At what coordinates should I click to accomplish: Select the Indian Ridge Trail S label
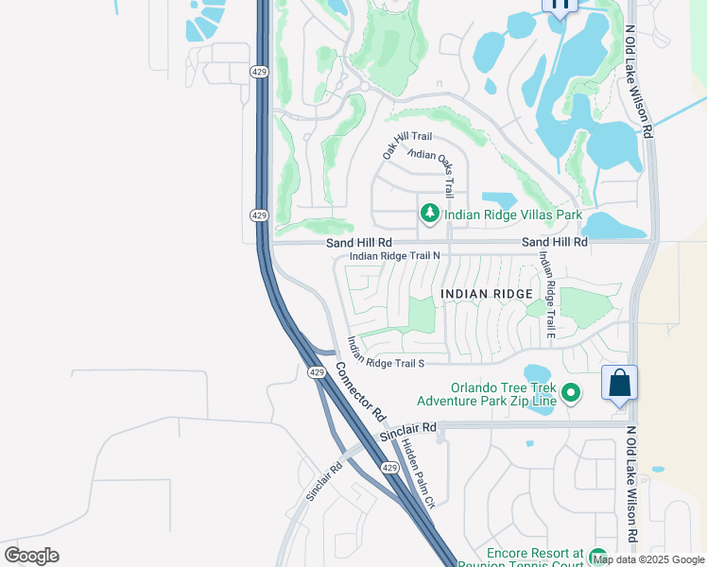[x=385, y=352]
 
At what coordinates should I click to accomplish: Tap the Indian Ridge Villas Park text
[x=513, y=215]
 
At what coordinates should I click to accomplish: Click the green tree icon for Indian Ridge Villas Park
[x=430, y=215]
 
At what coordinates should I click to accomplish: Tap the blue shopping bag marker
[x=619, y=384]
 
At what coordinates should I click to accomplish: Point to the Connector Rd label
[x=360, y=392]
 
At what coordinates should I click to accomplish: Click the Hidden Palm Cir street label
[x=417, y=474]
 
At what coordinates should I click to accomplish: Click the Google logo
[x=31, y=556]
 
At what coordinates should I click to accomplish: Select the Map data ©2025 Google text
[x=648, y=559]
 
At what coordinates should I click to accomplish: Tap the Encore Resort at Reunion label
[x=534, y=558]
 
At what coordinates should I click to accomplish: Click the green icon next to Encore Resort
[x=596, y=558]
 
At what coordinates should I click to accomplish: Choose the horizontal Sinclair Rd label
[x=407, y=431]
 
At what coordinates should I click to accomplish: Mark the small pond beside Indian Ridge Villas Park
[x=499, y=200]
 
